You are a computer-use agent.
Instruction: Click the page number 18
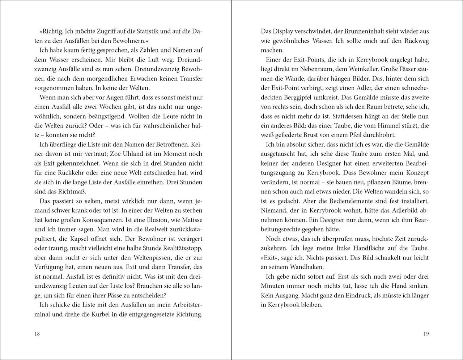pos(37,334)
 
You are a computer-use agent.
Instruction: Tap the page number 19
pos(426,334)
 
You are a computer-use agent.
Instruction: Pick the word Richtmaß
pos(72,192)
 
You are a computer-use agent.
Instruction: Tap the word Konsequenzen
pos(94,220)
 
